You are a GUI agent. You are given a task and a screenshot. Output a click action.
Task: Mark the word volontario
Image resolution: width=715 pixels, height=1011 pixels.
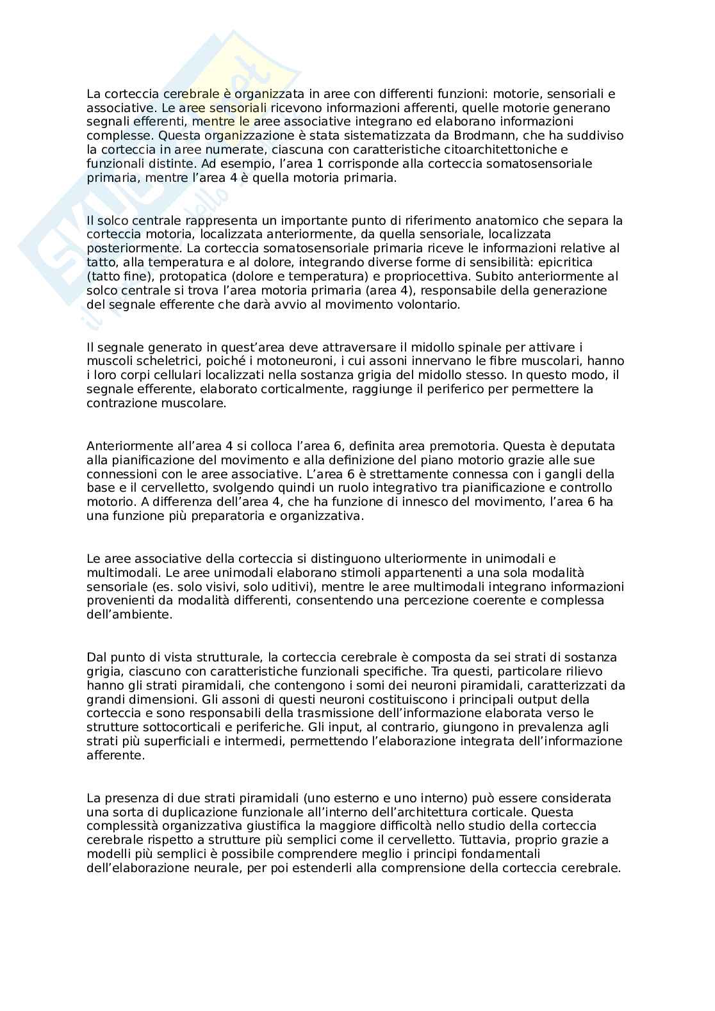coord(429,305)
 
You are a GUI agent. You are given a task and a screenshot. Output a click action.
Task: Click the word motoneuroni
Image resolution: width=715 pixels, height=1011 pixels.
coord(263,361)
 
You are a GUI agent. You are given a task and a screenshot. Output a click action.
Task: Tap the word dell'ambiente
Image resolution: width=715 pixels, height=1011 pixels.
coord(129,615)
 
